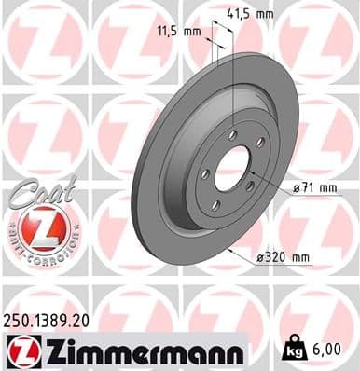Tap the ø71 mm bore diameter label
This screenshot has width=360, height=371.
click(x=315, y=187)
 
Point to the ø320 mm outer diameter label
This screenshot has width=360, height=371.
click(x=283, y=256)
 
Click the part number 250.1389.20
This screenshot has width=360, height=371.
click(x=51, y=319)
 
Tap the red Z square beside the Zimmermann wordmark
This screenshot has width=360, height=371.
click(x=21, y=350)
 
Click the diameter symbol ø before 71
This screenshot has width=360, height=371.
click(x=298, y=187)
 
